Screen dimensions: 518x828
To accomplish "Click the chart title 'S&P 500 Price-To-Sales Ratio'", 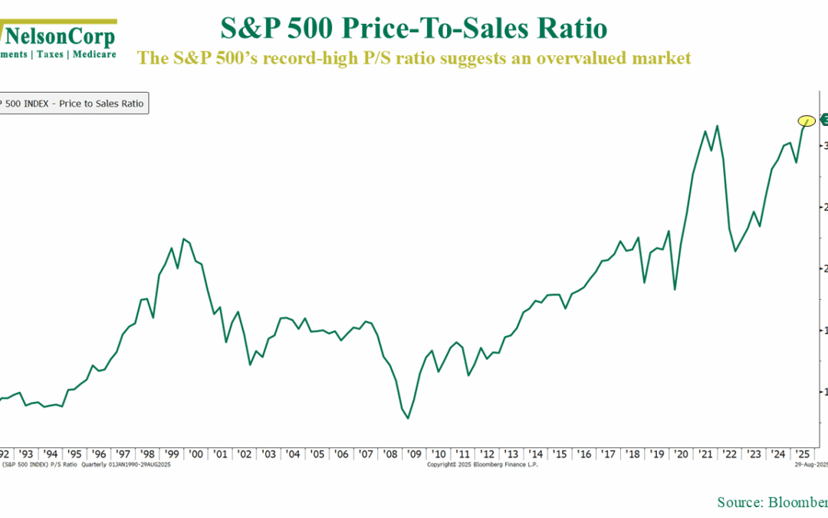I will pyautogui.click(x=413, y=29).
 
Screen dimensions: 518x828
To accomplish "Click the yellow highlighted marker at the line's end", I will pyautogui.click(x=806, y=120).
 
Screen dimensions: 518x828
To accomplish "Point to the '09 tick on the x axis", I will pyautogui.click(x=414, y=454).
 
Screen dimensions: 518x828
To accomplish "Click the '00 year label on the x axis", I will pyautogui.click(x=195, y=454).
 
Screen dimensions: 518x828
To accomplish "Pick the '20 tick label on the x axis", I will pyautogui.click(x=680, y=454).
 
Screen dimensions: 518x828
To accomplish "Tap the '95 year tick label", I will pyautogui.click(x=74, y=454).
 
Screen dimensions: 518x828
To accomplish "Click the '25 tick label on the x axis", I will pyautogui.click(x=801, y=454).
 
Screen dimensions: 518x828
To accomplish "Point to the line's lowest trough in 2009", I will pyautogui.click(x=408, y=418).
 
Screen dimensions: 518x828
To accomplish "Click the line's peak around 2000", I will pyautogui.click(x=183, y=239).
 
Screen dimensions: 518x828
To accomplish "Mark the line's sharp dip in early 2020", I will pyautogui.click(x=675, y=289).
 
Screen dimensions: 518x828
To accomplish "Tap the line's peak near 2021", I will pyautogui.click(x=717, y=126).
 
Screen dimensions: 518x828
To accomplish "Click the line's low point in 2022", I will pyautogui.click(x=735, y=251).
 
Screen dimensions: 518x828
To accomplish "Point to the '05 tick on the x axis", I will pyautogui.click(x=317, y=454).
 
